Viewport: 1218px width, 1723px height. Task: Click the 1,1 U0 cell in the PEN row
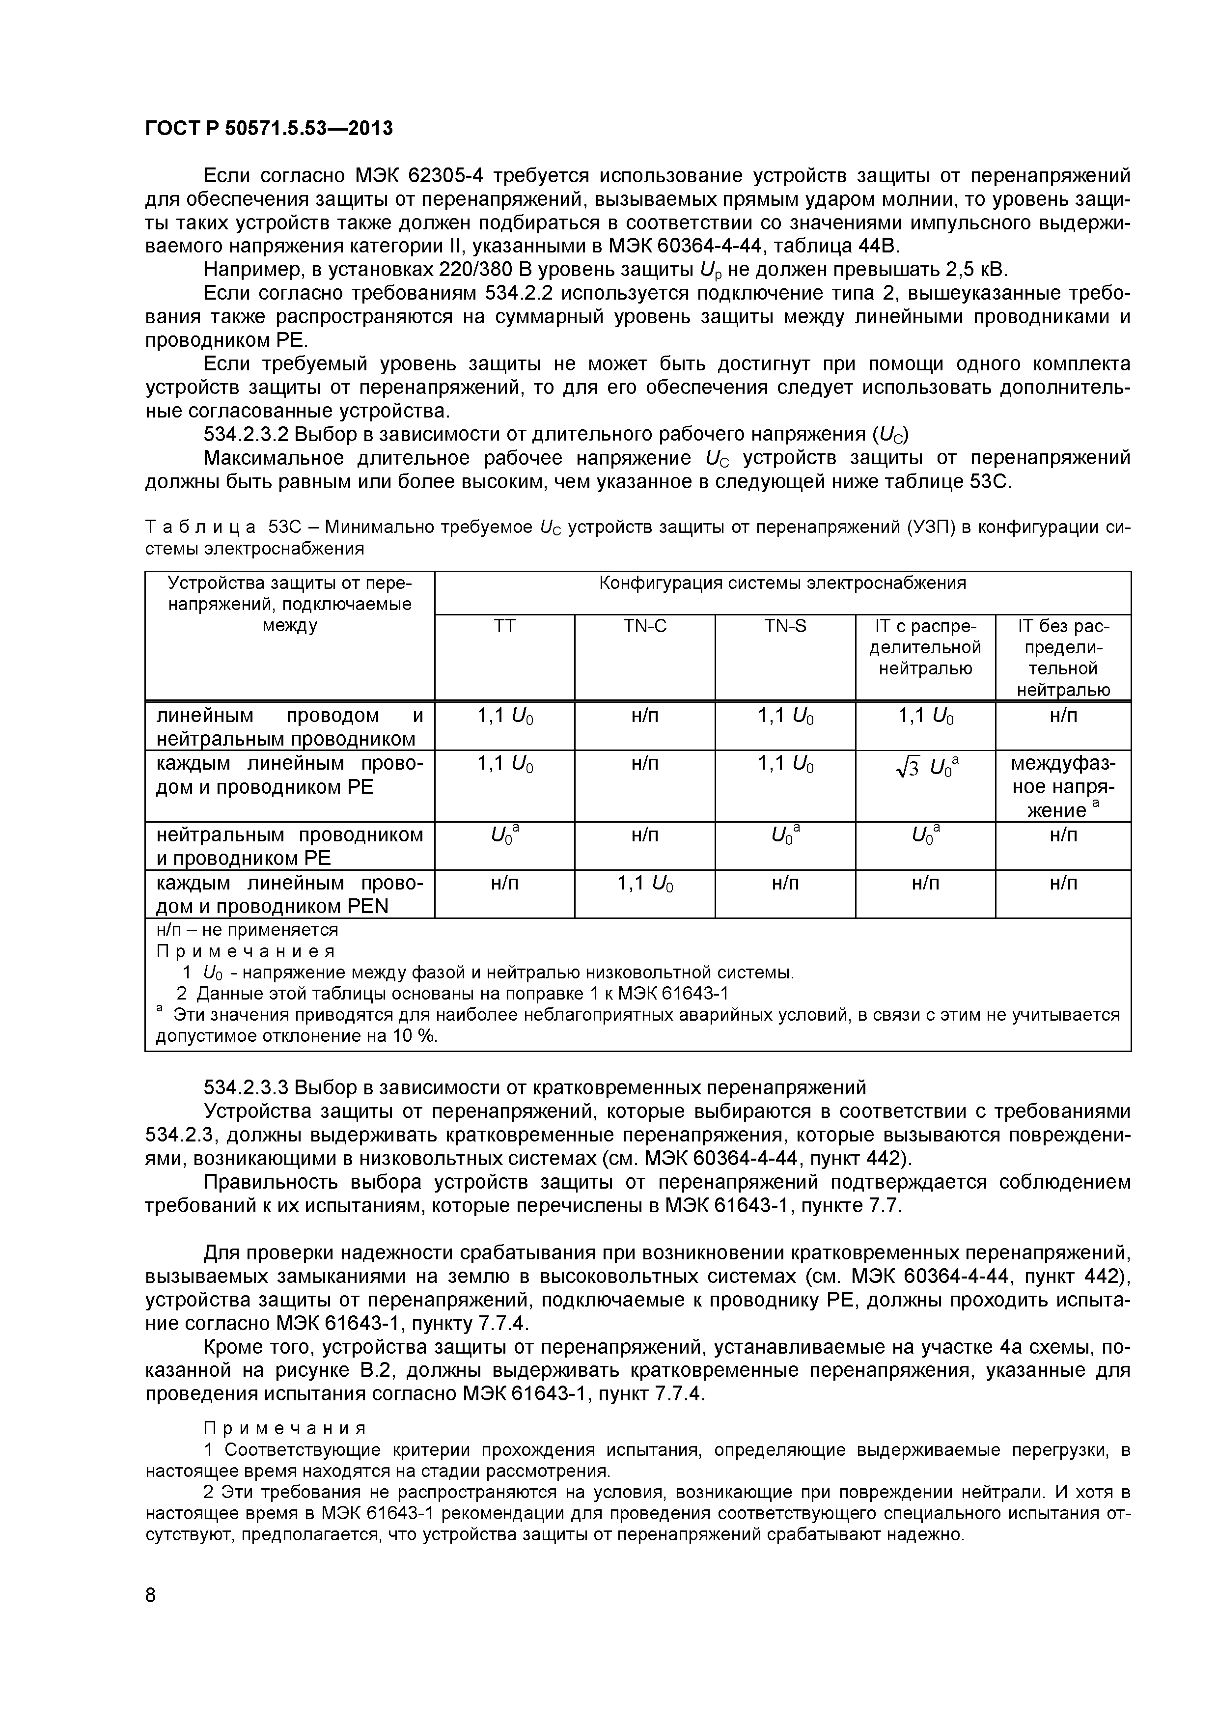tap(645, 884)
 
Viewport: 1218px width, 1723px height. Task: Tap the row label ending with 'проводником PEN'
tap(290, 894)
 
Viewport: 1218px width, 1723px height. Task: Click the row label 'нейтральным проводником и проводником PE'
tap(290, 846)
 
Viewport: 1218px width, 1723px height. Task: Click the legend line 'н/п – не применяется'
tap(248, 930)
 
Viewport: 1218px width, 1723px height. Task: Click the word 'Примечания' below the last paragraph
tap(285, 1427)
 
